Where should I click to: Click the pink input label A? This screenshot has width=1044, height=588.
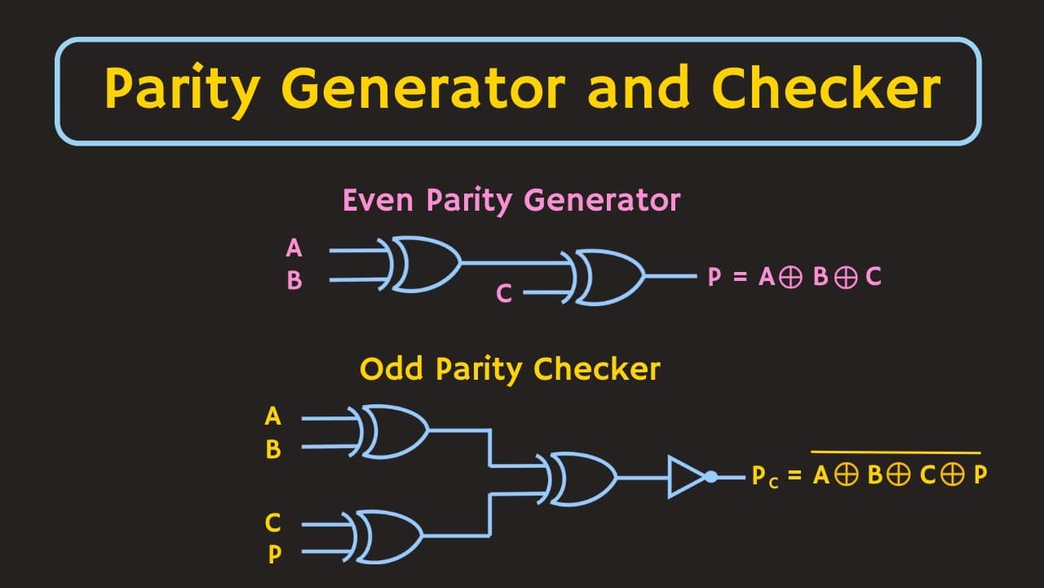point(294,247)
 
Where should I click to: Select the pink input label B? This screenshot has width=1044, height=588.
point(294,281)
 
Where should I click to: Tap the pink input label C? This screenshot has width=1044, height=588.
point(504,294)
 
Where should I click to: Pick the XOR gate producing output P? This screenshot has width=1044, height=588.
point(608,277)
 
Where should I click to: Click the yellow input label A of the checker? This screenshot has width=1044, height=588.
point(273,416)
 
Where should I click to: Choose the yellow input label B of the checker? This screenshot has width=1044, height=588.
point(273,449)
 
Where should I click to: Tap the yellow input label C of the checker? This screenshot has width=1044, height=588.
point(273,522)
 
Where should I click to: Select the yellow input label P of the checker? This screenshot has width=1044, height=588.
point(275,555)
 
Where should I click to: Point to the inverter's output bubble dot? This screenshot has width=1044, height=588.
point(711,477)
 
